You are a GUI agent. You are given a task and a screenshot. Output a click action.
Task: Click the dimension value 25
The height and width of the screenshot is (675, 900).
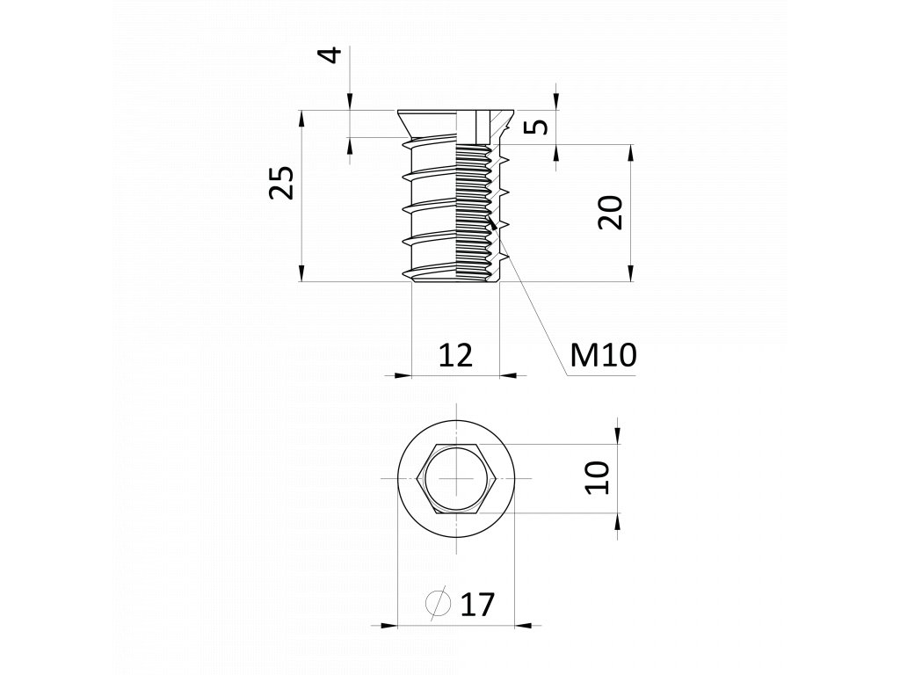[x=281, y=183]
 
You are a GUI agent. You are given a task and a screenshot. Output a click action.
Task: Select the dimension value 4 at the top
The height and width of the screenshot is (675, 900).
[x=330, y=55]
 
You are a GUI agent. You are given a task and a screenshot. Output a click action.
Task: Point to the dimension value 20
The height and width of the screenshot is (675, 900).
[x=610, y=213]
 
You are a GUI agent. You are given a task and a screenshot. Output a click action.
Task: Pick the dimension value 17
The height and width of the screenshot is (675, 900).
[x=477, y=604]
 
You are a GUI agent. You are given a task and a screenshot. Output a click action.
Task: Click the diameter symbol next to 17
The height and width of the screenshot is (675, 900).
[x=438, y=603]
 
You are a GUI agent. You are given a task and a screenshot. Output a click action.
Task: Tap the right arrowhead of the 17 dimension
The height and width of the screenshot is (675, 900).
[x=528, y=625]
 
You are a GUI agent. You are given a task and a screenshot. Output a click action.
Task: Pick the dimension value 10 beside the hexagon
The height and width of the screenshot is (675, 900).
[x=598, y=477]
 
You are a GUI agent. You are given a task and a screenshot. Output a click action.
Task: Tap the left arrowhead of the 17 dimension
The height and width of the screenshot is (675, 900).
[x=385, y=625]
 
